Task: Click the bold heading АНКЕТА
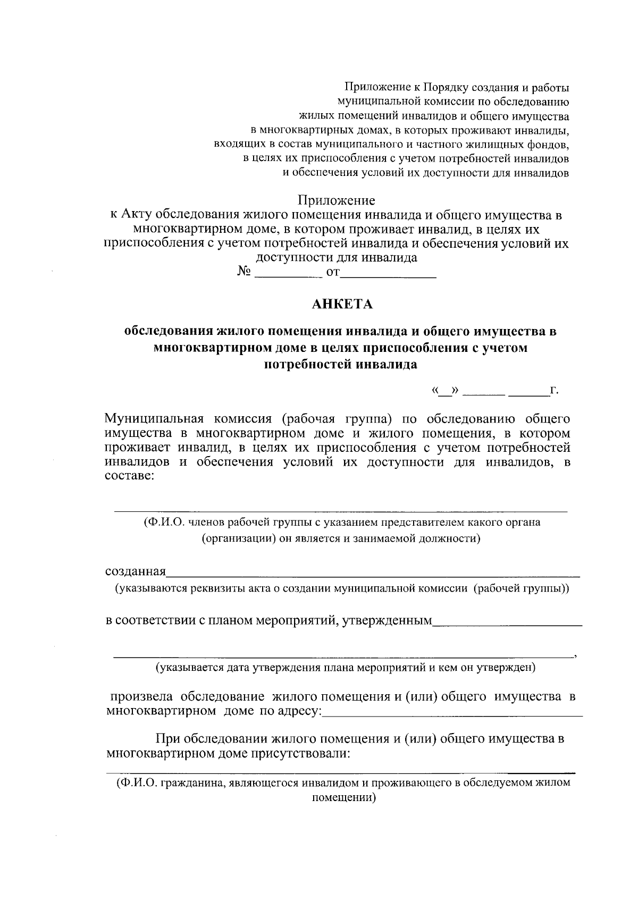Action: click(x=342, y=304)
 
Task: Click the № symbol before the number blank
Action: click(x=244, y=272)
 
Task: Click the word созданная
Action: click(x=136, y=572)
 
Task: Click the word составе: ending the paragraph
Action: click(x=130, y=476)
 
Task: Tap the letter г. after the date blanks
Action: click(x=555, y=391)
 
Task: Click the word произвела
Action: click(x=141, y=696)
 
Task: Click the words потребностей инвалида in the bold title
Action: click(x=340, y=365)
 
